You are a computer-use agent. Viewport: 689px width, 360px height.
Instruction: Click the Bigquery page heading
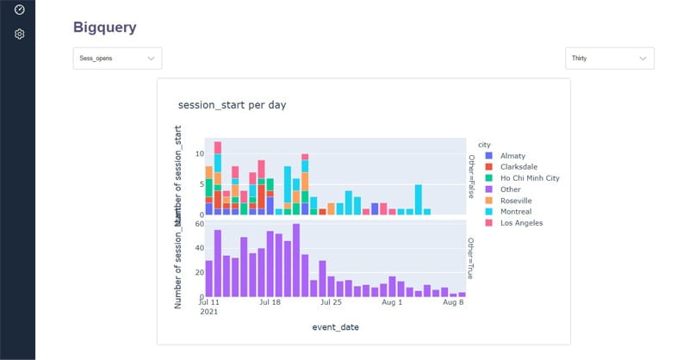(x=104, y=28)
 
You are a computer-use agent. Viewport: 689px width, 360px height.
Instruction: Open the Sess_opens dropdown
(x=117, y=59)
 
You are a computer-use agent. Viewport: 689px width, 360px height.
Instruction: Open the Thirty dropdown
(x=609, y=59)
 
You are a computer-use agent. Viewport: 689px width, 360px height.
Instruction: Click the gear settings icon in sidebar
(x=19, y=34)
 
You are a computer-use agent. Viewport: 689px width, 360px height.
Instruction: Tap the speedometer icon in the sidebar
(x=19, y=9)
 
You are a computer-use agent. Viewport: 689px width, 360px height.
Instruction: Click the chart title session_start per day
(x=232, y=105)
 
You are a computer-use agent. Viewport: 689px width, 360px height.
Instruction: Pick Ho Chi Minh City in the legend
(x=529, y=177)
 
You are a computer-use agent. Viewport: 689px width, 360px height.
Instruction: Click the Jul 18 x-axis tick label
(x=270, y=303)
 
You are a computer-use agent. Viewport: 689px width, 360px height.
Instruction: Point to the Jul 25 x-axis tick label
(x=332, y=303)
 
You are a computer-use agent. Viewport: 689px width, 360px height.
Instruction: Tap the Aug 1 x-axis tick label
(x=392, y=303)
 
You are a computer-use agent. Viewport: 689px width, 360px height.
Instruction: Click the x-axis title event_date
(x=335, y=327)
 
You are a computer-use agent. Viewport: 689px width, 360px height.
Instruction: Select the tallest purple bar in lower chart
(x=296, y=261)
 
